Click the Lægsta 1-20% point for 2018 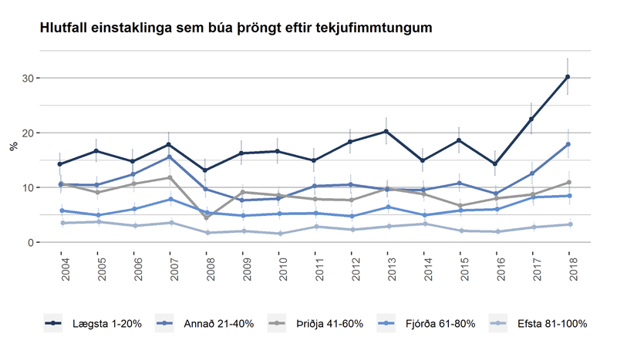[568, 77]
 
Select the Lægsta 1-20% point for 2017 [531, 119]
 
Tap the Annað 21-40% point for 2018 [568, 144]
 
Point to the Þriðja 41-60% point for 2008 [206, 217]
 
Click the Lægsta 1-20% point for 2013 [386, 132]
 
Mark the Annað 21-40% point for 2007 [170, 157]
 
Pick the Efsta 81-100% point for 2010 [278, 234]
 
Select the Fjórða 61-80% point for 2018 [568, 196]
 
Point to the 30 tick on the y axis [29, 79]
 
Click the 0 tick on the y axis [32, 243]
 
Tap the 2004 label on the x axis [62, 264]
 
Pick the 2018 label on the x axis [568, 264]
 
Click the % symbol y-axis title [12, 146]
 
